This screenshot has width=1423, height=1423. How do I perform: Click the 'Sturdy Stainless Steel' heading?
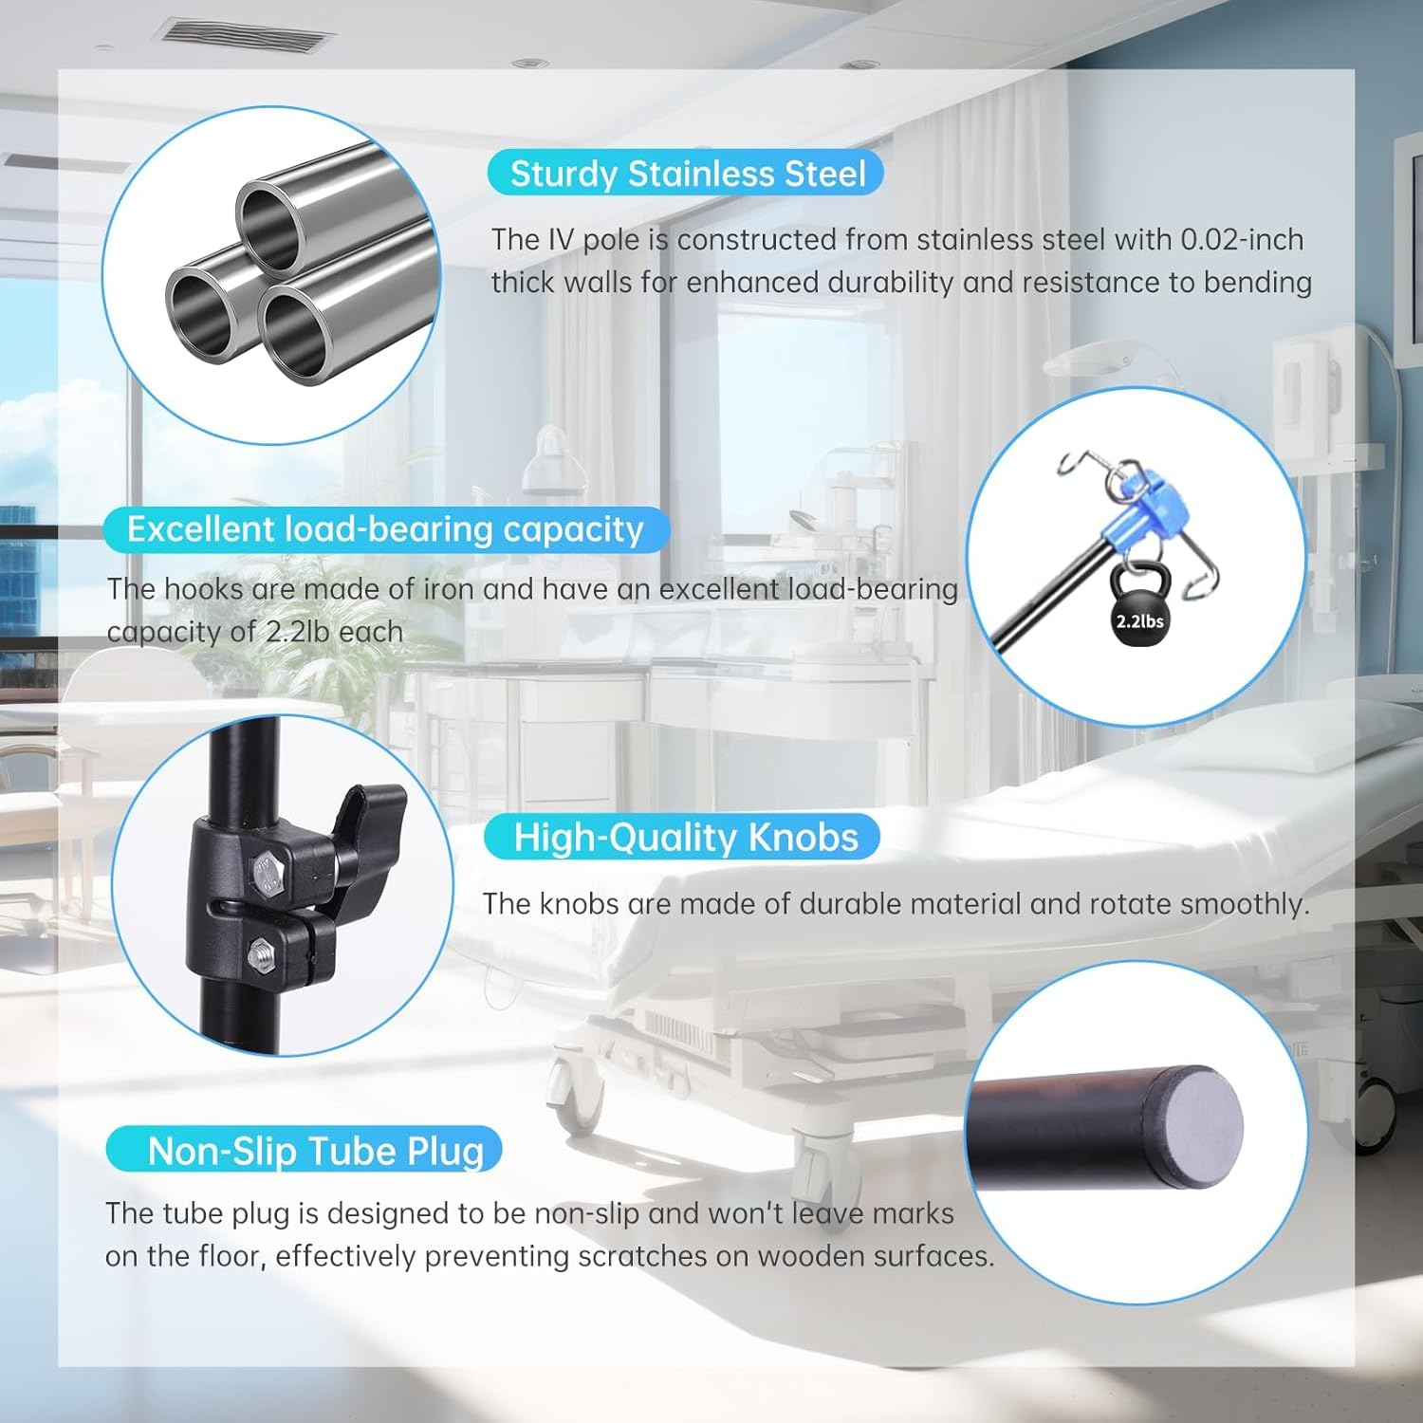point(687,175)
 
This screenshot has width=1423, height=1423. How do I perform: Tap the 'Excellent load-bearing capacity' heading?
point(385,529)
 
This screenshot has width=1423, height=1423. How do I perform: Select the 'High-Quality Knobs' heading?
point(685,838)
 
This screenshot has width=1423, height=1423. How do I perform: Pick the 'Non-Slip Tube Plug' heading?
point(316,1151)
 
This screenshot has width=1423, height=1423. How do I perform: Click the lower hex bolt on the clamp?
point(260,952)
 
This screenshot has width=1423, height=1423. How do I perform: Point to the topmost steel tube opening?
point(269,226)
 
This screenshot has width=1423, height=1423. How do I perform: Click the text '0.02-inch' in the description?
point(1242,240)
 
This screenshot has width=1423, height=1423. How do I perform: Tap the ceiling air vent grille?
point(247,36)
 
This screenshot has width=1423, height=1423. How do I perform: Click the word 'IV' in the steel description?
point(561,240)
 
